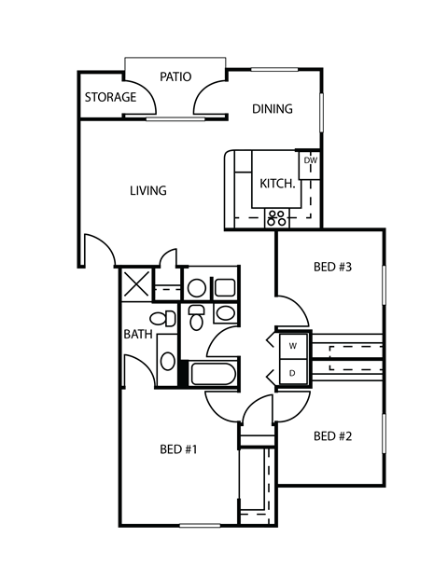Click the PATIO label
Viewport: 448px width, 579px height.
(x=175, y=76)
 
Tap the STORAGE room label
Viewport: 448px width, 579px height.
(x=110, y=98)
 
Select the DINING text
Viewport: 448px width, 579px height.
(x=273, y=109)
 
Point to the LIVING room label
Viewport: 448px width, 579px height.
(x=147, y=191)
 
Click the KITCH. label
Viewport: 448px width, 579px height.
(x=277, y=184)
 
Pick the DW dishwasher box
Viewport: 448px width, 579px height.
(x=311, y=160)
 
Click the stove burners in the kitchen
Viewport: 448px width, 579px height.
(x=277, y=218)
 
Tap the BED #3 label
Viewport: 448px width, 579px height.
(x=331, y=268)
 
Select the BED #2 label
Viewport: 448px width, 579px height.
(x=331, y=436)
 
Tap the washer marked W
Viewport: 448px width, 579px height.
(x=293, y=346)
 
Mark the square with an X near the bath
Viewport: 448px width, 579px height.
(x=136, y=284)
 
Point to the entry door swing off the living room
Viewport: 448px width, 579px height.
(x=98, y=248)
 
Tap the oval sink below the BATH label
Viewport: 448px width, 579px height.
(x=165, y=360)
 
